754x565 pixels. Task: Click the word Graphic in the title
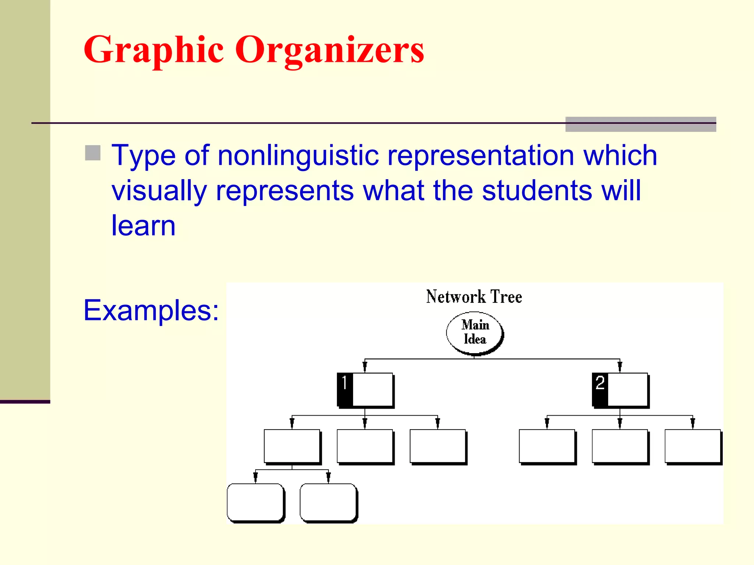[154, 50]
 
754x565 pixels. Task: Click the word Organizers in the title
[330, 50]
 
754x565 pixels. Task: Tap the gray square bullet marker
[93, 153]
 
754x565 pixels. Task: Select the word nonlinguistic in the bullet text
[298, 156]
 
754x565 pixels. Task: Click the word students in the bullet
[537, 191]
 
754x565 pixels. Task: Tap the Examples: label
[151, 310]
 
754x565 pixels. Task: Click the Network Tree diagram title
[474, 296]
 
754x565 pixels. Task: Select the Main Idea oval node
[475, 333]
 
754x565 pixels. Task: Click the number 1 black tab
[345, 389]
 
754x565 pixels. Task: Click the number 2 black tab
[600, 389]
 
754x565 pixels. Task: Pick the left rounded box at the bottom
[256, 502]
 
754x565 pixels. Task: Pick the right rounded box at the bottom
[328, 502]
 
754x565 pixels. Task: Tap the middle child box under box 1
[365, 446]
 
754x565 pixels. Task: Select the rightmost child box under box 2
[693, 446]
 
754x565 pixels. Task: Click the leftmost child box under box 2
[547, 446]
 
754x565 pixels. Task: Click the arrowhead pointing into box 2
[620, 367]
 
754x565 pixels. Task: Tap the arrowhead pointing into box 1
[365, 367]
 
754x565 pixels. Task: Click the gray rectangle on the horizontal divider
[641, 124]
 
